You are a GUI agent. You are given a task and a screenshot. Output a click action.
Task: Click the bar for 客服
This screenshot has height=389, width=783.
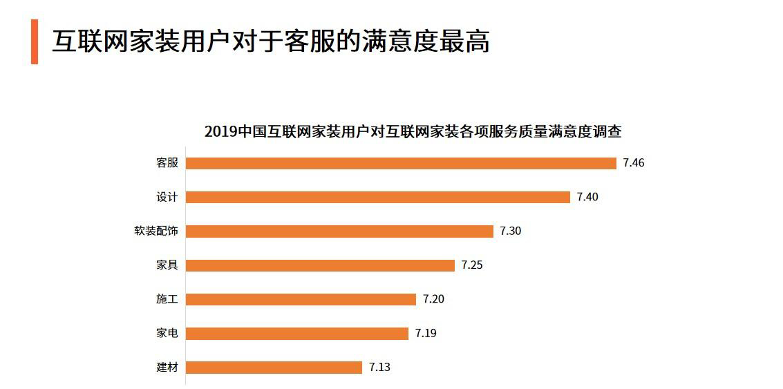(x=401, y=163)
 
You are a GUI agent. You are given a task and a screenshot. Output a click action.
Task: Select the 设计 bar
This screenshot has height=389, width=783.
(x=378, y=197)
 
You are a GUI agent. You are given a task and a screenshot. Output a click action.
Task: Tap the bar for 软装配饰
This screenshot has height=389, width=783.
(x=339, y=231)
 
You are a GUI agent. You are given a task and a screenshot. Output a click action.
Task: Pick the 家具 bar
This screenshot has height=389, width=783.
(x=320, y=265)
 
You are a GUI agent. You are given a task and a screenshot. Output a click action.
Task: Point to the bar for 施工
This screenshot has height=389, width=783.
(x=301, y=299)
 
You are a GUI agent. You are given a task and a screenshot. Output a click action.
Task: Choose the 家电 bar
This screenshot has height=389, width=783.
(x=297, y=333)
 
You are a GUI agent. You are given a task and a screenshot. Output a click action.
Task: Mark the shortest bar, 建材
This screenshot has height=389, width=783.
(x=274, y=368)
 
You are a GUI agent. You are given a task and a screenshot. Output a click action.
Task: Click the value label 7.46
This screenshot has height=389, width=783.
(x=633, y=163)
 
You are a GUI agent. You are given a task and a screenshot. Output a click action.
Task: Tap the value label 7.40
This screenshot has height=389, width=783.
(x=587, y=197)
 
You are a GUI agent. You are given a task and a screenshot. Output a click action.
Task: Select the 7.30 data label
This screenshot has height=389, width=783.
(x=510, y=231)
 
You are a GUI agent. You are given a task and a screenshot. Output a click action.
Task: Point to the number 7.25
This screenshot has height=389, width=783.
(x=471, y=265)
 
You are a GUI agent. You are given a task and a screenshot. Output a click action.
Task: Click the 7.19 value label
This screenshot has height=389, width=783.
(x=426, y=333)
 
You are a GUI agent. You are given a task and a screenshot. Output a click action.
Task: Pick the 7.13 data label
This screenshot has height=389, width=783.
(x=379, y=368)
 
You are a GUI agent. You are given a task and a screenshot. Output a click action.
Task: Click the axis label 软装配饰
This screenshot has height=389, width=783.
(x=156, y=231)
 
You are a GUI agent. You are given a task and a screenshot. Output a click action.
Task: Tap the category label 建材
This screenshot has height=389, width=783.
(x=167, y=368)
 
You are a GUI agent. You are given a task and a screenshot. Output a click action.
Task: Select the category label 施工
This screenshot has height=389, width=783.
(x=167, y=299)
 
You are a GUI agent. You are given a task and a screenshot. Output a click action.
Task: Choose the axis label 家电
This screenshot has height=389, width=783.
(x=167, y=333)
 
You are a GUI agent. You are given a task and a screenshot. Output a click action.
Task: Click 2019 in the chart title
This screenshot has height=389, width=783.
(x=220, y=131)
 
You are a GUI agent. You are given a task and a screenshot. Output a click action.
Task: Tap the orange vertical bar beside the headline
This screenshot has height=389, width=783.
(x=35, y=41)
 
